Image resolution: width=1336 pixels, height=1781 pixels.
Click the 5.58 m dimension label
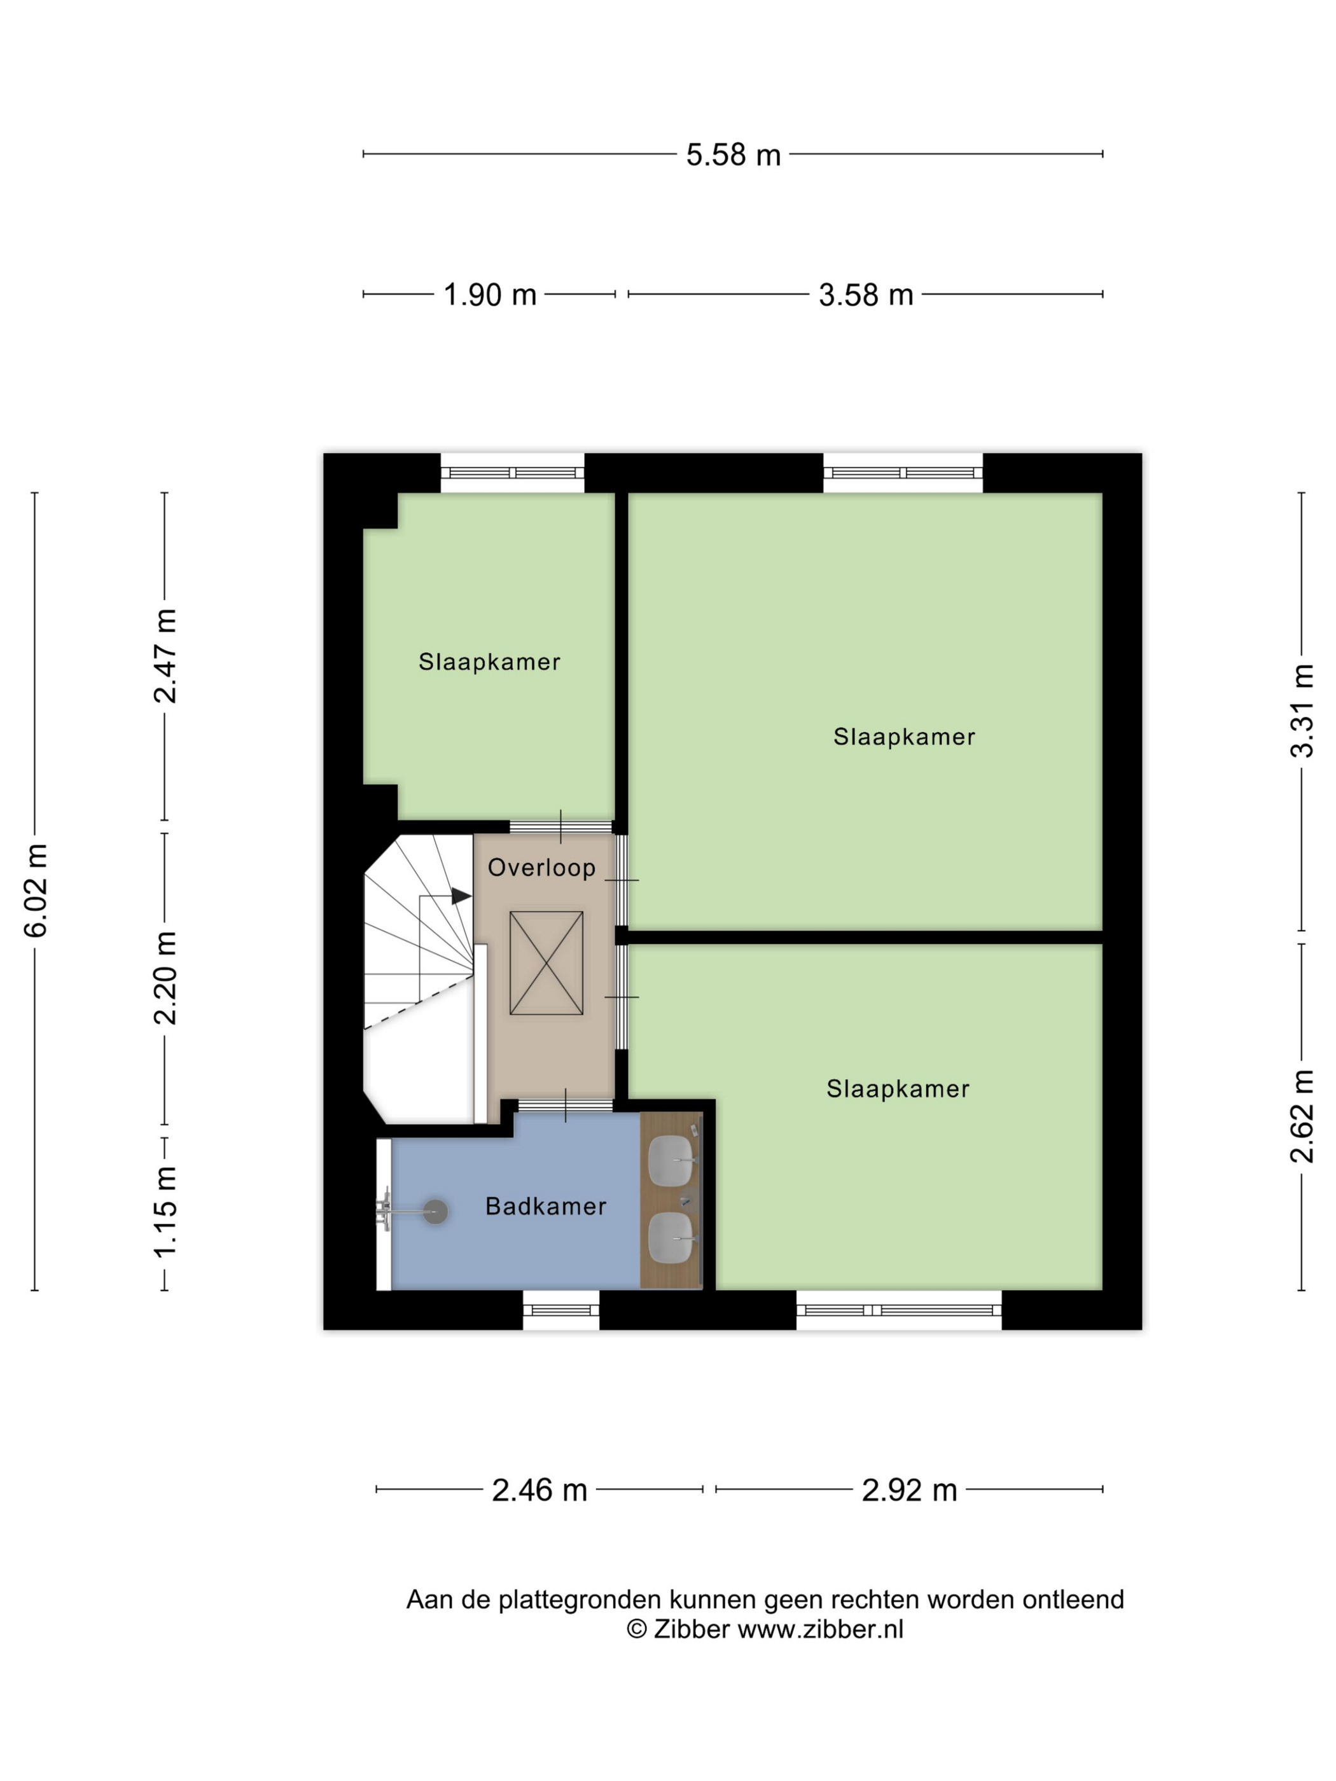[x=733, y=155]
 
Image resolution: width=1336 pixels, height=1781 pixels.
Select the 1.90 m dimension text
[x=490, y=295]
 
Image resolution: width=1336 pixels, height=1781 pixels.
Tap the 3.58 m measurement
[x=866, y=295]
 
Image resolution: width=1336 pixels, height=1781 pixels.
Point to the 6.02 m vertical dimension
[x=36, y=891]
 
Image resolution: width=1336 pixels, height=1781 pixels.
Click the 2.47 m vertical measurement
[x=165, y=656]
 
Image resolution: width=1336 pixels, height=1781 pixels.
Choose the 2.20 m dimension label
[x=165, y=978]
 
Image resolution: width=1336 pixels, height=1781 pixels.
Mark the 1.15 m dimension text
[x=165, y=1212]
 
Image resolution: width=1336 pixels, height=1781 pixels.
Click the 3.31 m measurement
[x=1302, y=711]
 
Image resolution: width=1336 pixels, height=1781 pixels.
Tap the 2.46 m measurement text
[x=539, y=1490]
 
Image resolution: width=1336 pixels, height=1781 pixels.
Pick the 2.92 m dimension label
[x=909, y=1490]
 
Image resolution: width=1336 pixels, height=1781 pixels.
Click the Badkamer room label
[x=545, y=1206]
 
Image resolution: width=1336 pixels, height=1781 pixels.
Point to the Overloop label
[x=541, y=867]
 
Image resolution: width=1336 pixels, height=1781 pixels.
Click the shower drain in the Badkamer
[x=436, y=1212]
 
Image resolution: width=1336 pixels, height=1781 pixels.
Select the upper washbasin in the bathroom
[x=670, y=1161]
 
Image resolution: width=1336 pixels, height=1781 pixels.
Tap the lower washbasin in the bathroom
[x=670, y=1238]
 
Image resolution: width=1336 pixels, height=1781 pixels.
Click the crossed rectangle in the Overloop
[x=546, y=963]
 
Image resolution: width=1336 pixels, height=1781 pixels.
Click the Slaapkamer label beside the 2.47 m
[x=489, y=662]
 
